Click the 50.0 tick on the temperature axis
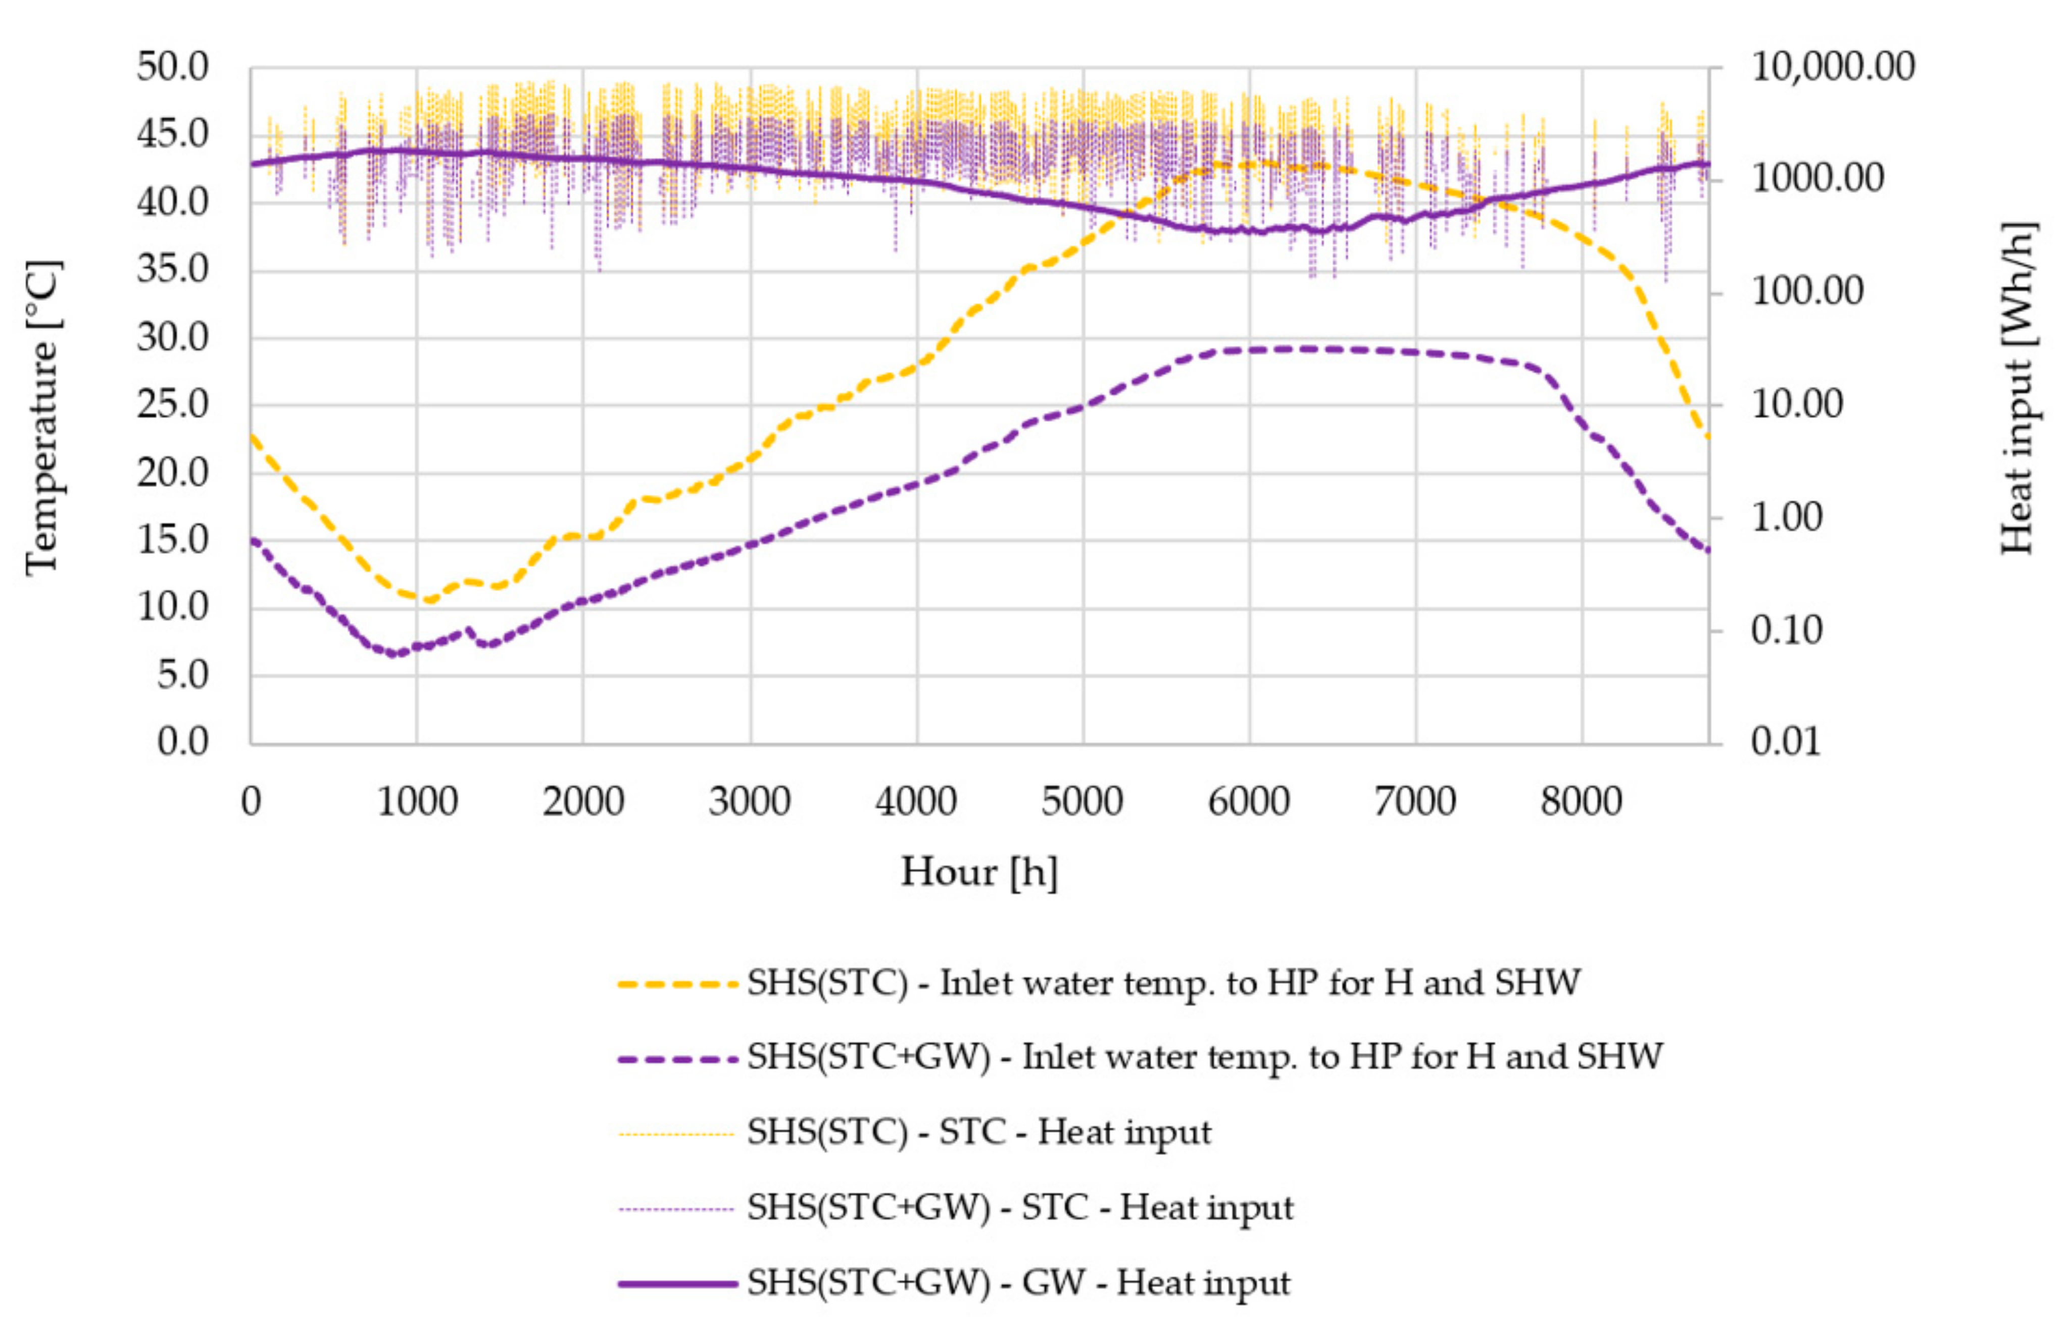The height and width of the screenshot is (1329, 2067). tap(173, 67)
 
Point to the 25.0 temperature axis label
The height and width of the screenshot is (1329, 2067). tap(173, 404)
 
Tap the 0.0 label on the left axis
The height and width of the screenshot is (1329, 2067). tap(182, 741)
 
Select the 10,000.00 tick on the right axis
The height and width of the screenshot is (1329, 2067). tap(1832, 67)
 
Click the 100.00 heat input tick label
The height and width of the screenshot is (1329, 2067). tap(1806, 292)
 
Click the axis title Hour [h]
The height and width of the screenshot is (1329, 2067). tap(979, 872)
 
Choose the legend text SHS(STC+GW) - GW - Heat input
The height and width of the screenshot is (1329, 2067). tap(1018, 1283)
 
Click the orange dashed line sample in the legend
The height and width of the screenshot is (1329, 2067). tap(677, 984)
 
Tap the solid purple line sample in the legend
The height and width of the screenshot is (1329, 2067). tap(677, 1283)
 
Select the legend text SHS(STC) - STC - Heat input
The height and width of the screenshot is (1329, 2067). tap(979, 1132)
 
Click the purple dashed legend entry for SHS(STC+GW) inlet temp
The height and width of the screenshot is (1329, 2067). tap(677, 1058)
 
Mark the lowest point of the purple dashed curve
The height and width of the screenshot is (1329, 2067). tap(396, 653)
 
